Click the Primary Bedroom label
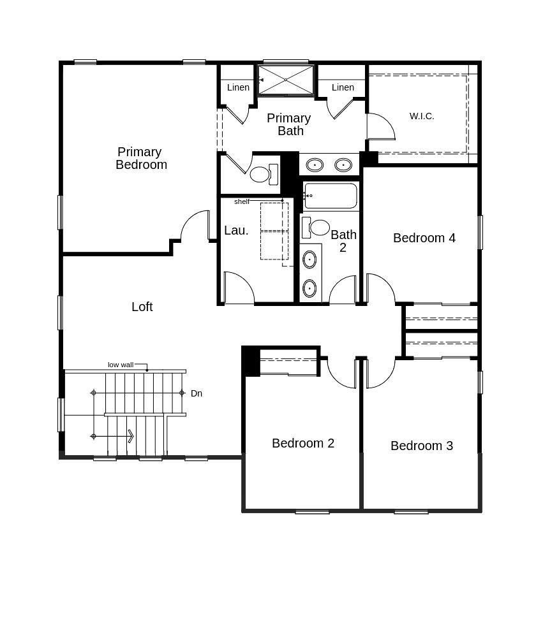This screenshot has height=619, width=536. (141, 158)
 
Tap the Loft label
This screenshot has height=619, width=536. (142, 307)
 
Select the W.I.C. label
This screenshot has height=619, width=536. (422, 116)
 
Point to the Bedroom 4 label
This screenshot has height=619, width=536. (424, 238)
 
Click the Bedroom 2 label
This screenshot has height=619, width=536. (302, 443)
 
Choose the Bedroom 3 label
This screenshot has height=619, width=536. (421, 446)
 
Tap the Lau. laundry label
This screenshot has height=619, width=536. (236, 230)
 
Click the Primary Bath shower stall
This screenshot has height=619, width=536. (286, 80)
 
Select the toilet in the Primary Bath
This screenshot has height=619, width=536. (262, 174)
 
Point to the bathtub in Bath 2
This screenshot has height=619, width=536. (331, 196)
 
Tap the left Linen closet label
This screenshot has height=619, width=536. (238, 87)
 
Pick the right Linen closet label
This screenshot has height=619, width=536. (343, 87)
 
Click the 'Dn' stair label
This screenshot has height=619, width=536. (197, 393)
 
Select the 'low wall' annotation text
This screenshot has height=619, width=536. (120, 365)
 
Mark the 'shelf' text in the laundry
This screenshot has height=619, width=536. (242, 201)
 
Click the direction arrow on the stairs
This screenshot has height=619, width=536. (130, 436)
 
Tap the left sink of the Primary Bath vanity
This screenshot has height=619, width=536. (314, 165)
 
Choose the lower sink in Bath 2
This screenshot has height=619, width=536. (309, 288)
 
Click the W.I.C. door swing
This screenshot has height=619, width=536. (382, 127)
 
